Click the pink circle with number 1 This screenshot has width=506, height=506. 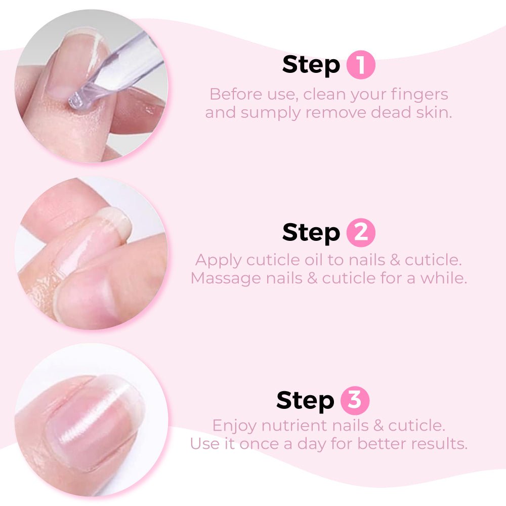pyautogui.click(x=361, y=65)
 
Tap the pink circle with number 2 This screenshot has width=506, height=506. pyautogui.click(x=361, y=233)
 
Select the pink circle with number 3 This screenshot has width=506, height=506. pyautogui.click(x=355, y=400)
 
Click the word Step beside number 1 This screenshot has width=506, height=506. pyautogui.click(x=311, y=65)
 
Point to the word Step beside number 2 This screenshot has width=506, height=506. pyautogui.click(x=311, y=233)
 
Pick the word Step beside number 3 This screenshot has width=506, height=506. pyautogui.click(x=305, y=401)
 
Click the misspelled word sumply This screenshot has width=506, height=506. pyautogui.click(x=270, y=113)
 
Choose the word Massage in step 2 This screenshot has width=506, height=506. pyautogui.click(x=226, y=279)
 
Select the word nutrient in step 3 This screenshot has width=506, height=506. pyautogui.click(x=294, y=426)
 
